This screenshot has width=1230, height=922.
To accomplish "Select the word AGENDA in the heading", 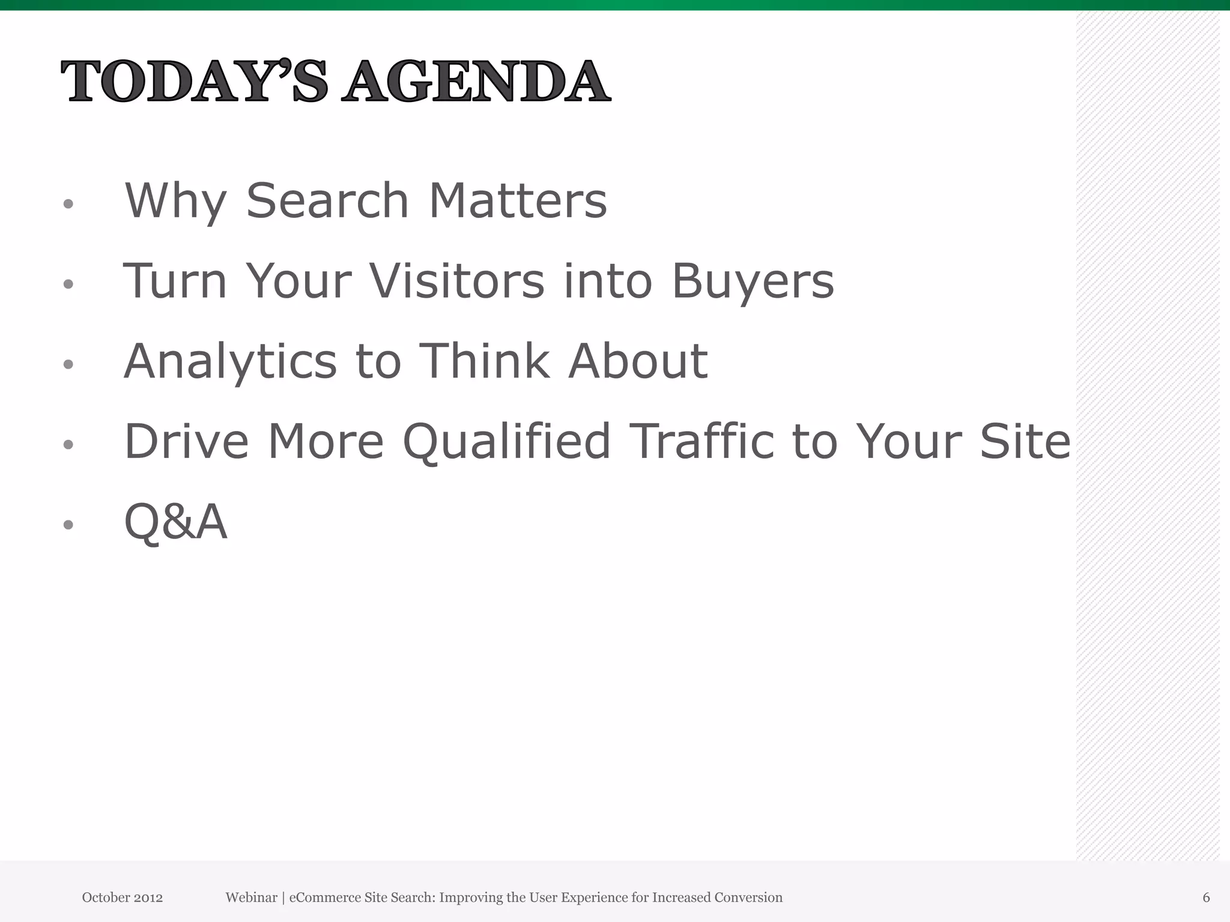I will coord(476,82).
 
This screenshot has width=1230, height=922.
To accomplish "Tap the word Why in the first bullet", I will coord(175,201).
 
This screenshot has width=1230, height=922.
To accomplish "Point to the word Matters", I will coord(518,200).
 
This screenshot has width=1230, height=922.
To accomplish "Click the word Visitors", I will coord(456,281).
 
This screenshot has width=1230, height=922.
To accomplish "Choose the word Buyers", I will coord(753,282).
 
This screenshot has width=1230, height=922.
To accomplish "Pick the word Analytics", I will coord(230,362).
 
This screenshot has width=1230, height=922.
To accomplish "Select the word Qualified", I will coord(506,442).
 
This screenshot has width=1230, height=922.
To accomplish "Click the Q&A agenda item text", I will coord(175,522).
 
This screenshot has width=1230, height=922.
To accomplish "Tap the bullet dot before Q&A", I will coord(68,525).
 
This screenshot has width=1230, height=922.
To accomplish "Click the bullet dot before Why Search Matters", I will coord(68,204).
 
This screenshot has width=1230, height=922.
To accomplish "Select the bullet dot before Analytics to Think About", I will coord(68,364).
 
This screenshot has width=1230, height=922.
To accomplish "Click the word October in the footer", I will coord(106,897).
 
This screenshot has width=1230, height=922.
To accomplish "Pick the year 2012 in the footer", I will coord(148,897).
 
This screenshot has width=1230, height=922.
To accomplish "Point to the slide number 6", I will coord(1206,897).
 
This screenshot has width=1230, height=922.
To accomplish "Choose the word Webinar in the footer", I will coord(251,897).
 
